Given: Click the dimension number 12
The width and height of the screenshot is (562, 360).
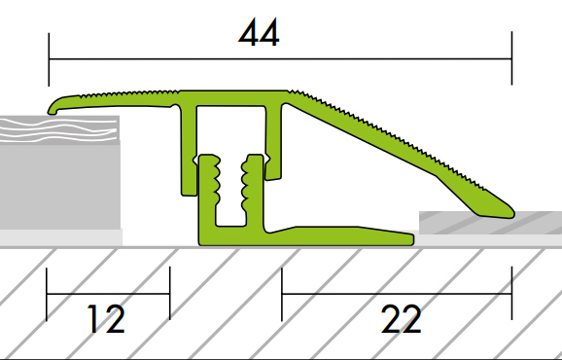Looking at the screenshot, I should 107,318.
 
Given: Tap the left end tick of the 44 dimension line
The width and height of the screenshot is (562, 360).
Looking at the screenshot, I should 49,58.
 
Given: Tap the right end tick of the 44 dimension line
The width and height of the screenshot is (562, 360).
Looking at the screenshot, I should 511,58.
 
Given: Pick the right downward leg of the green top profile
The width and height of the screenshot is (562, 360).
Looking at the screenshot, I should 275,146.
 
